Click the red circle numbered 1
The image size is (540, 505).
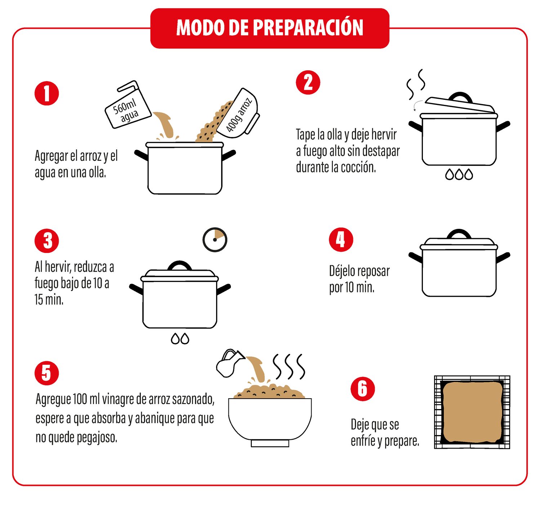pyautogui.click(x=47, y=93)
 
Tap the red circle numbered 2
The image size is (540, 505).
pyautogui.click(x=308, y=83)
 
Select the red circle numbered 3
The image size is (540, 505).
pyautogui.click(x=47, y=241)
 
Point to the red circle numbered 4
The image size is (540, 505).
pyautogui.click(x=341, y=240)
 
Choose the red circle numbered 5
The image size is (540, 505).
pyautogui.click(x=47, y=373)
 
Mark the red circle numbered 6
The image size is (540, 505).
pyautogui.click(x=363, y=389)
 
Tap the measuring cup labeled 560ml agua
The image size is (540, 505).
pyautogui.click(x=128, y=105)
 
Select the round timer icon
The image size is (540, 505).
pyautogui.click(x=215, y=240)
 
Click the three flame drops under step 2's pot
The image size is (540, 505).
pyautogui.click(x=459, y=174)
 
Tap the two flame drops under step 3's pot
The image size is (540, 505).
pyautogui.click(x=180, y=338)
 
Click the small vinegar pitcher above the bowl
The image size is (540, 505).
pyautogui.click(x=230, y=363)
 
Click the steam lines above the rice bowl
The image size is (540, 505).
pyautogui.click(x=289, y=367)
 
